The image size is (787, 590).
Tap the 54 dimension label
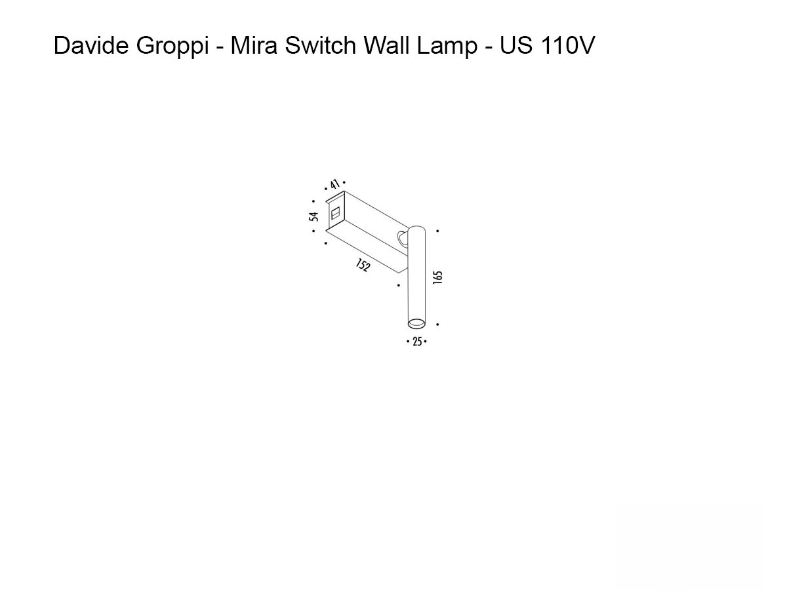(x=315, y=216)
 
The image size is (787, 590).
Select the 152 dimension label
(x=363, y=266)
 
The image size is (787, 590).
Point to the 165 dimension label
(x=438, y=277)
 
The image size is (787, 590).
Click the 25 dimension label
(x=417, y=342)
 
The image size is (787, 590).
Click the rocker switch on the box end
(x=334, y=214)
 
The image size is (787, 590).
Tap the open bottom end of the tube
(x=416, y=322)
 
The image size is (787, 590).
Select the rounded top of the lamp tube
(x=416, y=229)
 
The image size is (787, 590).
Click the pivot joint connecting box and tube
(x=402, y=238)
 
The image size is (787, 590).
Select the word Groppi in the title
(x=171, y=46)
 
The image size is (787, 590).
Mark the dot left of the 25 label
(x=408, y=342)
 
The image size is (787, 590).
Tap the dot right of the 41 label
(x=344, y=183)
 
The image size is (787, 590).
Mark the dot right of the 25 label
(x=426, y=342)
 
